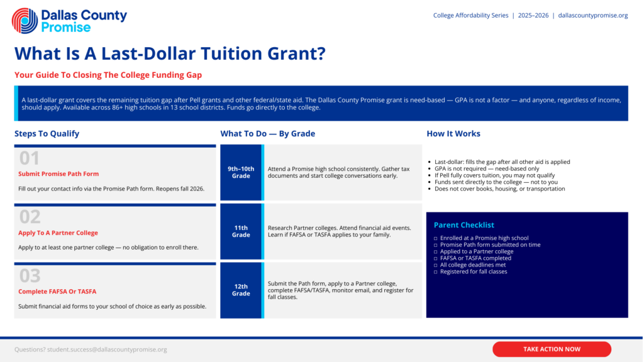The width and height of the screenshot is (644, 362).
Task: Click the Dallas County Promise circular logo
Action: pyautogui.click(x=25, y=21)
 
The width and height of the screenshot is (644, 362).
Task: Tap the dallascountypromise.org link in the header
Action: pyautogui.click(x=592, y=16)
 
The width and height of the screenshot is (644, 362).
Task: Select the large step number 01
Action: pyautogui.click(x=30, y=158)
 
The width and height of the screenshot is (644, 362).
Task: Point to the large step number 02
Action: pyautogui.click(x=30, y=217)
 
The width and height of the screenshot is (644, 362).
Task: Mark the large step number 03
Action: pyautogui.click(x=30, y=276)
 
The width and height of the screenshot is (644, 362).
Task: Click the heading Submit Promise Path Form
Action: pyautogui.click(x=58, y=174)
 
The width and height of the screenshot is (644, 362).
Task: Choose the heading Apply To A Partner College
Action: pyautogui.click(x=58, y=233)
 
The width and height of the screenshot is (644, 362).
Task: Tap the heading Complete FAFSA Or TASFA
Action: pyautogui.click(x=57, y=292)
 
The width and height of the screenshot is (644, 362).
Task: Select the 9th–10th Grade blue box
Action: pyautogui.click(x=241, y=172)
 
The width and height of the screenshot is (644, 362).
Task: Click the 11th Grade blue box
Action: pyautogui.click(x=241, y=231)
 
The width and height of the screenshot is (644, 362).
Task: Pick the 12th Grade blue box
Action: pyautogui.click(x=241, y=290)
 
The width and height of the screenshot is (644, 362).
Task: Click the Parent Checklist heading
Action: pyautogui.click(x=464, y=225)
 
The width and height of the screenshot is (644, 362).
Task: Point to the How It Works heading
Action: pyautogui.click(x=453, y=134)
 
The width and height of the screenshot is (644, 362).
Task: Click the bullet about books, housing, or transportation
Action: pyautogui.click(x=499, y=189)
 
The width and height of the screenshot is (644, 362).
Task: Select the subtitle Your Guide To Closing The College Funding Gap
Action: pyautogui.click(x=108, y=75)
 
